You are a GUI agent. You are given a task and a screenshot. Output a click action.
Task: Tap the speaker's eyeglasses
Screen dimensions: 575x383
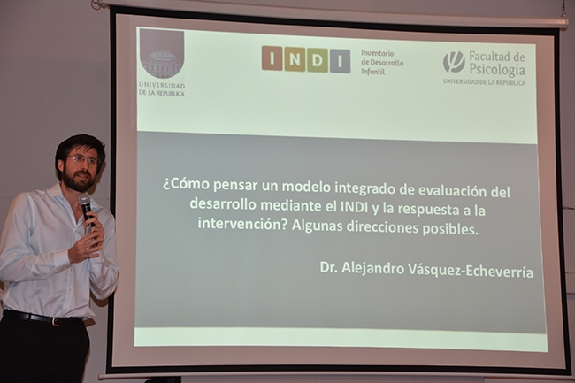[x=85, y=160]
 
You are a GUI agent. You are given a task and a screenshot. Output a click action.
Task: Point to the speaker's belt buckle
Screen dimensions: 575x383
[x=55, y=321]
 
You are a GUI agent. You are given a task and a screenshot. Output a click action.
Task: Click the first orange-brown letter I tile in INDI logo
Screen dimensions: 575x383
[x=272, y=57]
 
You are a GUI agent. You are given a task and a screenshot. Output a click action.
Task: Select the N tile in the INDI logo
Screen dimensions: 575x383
[x=295, y=59]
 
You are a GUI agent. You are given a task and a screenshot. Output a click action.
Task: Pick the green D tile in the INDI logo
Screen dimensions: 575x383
[x=318, y=60]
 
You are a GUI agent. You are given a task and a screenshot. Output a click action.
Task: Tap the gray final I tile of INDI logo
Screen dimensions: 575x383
[x=340, y=61]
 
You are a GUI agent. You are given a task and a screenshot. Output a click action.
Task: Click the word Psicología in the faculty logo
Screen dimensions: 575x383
[x=497, y=70]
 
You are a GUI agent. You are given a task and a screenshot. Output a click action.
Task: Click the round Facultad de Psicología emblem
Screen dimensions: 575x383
[x=454, y=62]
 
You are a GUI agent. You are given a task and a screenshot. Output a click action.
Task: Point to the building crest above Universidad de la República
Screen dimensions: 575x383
[x=162, y=54]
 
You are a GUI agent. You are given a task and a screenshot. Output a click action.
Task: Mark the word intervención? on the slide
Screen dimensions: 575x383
[x=242, y=223]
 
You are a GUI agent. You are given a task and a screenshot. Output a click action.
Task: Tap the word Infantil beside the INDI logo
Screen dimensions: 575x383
[x=373, y=72]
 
